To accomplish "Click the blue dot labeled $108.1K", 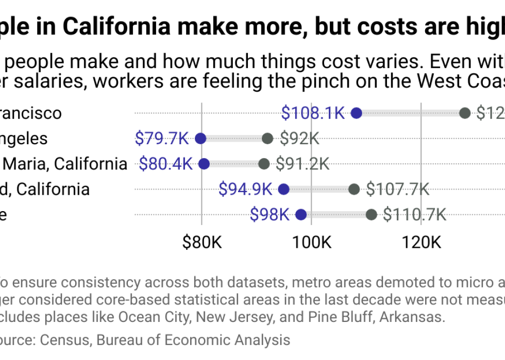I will point(356,113).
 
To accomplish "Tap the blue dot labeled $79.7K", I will point(200,139).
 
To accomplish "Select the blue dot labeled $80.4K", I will point(204,164).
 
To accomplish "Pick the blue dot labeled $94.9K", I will point(283,189).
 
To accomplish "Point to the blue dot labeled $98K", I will point(301,215).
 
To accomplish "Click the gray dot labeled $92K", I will point(267,139).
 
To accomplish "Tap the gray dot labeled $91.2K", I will point(264,164).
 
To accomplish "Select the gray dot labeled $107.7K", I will point(354,189).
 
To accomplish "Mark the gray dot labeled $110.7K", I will point(371,215).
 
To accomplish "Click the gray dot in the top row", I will point(465,113).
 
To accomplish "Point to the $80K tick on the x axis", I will point(201,242).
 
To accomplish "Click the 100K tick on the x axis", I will point(311,242).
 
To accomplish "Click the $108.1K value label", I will point(313,113).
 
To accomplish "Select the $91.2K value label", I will point(302,164).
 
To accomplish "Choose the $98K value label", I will point(270,215).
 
